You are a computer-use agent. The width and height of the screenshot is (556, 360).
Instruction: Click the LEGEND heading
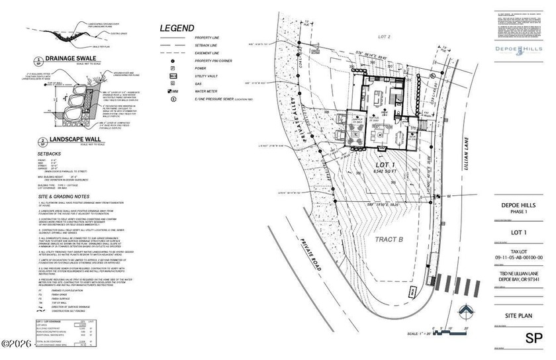tap(177, 28)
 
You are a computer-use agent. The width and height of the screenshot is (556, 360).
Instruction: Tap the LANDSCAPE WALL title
tap(72, 140)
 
